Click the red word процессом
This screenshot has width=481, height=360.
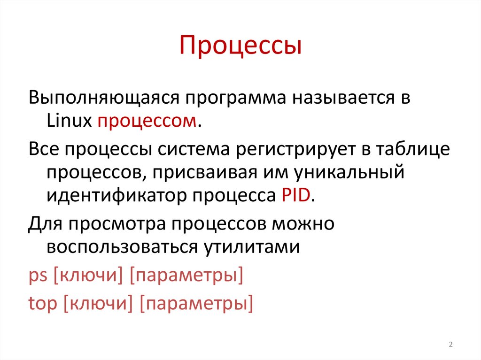coord(147,122)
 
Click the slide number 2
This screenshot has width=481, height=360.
coord(450,345)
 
